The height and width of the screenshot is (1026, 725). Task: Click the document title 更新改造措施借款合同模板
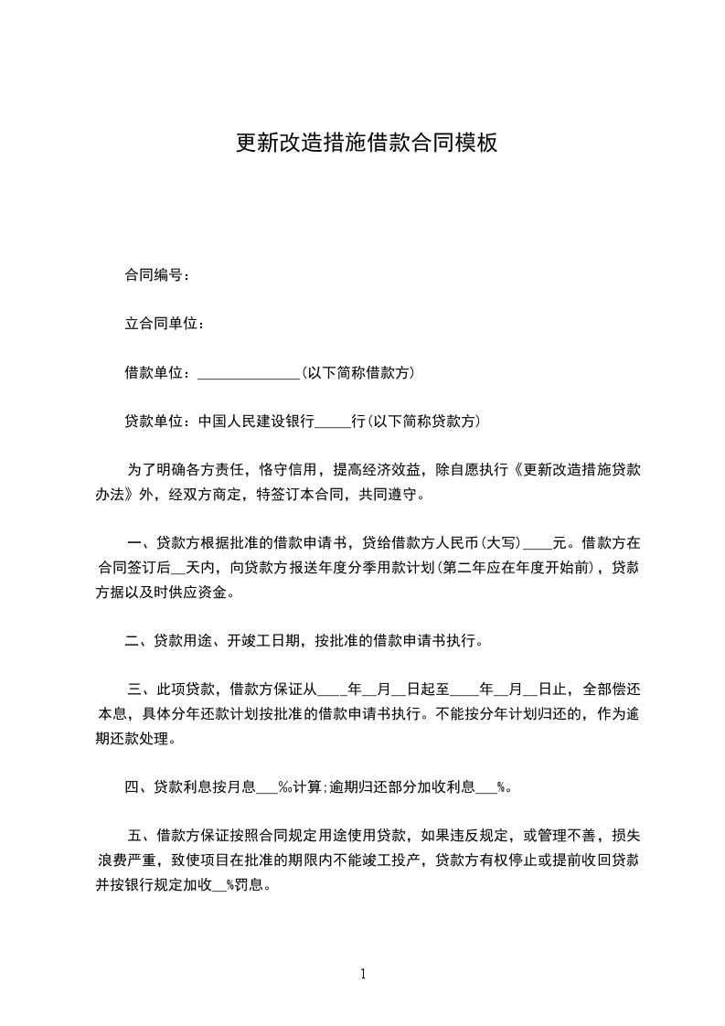pos(366,144)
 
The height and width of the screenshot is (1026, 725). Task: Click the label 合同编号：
pos(157,274)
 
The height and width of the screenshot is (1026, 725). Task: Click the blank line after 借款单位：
pos(248,373)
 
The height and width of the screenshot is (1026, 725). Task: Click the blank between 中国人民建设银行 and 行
pos(332,422)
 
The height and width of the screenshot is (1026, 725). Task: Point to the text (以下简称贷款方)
pos(422,422)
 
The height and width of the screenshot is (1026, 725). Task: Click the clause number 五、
pos(139,836)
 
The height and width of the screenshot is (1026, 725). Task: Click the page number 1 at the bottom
pos(363,975)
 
